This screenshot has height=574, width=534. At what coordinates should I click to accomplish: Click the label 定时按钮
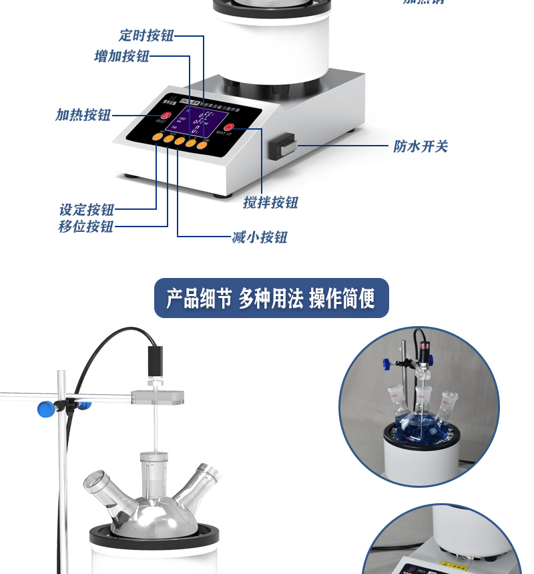click(146, 35)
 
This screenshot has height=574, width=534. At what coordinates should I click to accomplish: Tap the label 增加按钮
click(121, 56)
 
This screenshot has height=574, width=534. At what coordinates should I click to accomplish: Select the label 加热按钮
click(83, 115)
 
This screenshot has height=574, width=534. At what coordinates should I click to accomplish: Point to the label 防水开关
click(421, 146)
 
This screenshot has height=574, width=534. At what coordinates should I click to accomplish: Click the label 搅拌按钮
click(270, 202)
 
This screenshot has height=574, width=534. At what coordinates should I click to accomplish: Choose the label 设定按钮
click(87, 210)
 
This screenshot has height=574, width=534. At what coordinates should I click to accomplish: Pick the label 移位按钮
click(86, 227)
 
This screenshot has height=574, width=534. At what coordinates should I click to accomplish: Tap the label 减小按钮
click(260, 237)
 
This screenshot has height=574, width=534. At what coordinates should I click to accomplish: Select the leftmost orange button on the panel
click(156, 138)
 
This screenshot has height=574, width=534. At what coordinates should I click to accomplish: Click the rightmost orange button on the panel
click(202, 143)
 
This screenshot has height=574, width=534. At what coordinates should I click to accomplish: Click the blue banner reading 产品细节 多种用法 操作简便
click(271, 298)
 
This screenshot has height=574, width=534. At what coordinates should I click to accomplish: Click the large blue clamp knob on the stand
click(46, 408)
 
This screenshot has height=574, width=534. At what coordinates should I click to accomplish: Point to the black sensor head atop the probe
click(155, 362)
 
